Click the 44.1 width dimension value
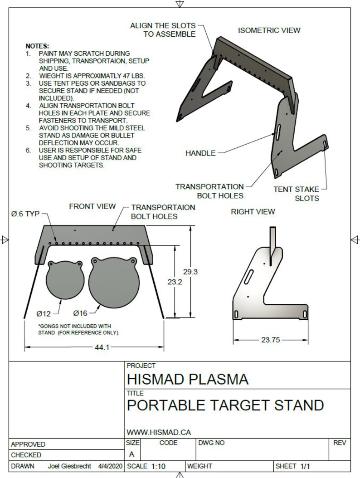[x=101, y=347]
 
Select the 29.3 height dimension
[x=190, y=272]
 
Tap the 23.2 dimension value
[x=175, y=282]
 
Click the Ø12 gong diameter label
[x=44, y=313]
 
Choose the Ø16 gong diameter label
[x=80, y=313]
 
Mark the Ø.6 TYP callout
[x=25, y=214]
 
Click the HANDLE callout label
[x=200, y=153]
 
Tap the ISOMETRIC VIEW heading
[x=269, y=30]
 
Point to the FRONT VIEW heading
[x=92, y=206]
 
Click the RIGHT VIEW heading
[x=253, y=212]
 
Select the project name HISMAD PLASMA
[x=188, y=379]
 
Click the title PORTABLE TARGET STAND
[x=225, y=405]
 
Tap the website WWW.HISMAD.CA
[x=159, y=433]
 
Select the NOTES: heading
[x=37, y=46]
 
